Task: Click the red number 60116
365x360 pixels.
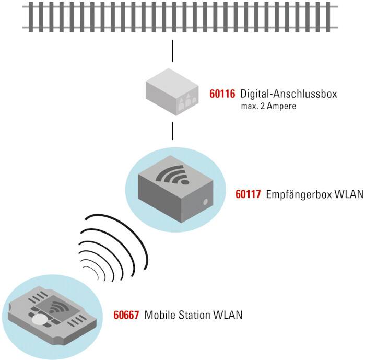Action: pyautogui.click(x=222, y=94)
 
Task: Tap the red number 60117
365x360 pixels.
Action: pyautogui.click(x=248, y=194)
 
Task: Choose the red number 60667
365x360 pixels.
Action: pyautogui.click(x=126, y=315)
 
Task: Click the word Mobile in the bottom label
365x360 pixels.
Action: pyautogui.click(x=159, y=315)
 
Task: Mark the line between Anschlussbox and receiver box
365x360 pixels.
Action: pyautogui.click(x=172, y=131)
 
